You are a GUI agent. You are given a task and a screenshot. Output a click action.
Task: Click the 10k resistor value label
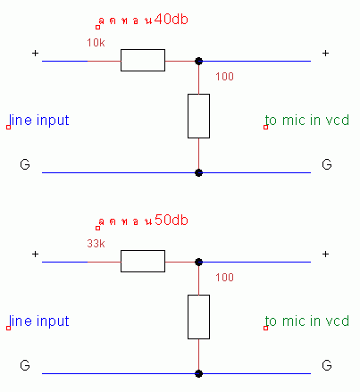pyautogui.click(x=96, y=43)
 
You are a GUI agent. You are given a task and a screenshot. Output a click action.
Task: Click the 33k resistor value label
pyautogui.click(x=96, y=244)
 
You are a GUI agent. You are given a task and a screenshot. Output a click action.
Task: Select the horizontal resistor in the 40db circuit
pyautogui.click(x=143, y=60)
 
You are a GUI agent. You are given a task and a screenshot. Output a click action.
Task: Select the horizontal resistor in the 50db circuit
pyautogui.click(x=143, y=261)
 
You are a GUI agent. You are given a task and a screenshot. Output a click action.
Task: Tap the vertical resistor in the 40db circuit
pyautogui.click(x=198, y=116)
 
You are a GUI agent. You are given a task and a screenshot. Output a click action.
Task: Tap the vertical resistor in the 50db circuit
pyautogui.click(x=198, y=317)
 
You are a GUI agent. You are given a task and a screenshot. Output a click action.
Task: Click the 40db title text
pyautogui.click(x=143, y=21)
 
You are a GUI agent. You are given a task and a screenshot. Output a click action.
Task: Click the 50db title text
pyautogui.click(x=143, y=221)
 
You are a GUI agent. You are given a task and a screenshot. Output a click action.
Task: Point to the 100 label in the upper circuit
pyautogui.click(x=224, y=77)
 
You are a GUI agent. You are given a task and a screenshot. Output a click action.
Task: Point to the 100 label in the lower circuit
pyautogui.click(x=224, y=278)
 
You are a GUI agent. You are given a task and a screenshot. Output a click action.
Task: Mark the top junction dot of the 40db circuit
pyautogui.click(x=198, y=61)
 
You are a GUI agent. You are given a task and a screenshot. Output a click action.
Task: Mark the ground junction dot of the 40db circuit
pyautogui.click(x=198, y=172)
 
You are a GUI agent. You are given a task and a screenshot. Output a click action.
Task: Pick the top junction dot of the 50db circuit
pyautogui.click(x=198, y=262)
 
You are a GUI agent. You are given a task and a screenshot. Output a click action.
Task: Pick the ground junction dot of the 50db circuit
pyautogui.click(x=198, y=373)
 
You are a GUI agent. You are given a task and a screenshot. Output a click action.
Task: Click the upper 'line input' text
pyautogui.click(x=39, y=121)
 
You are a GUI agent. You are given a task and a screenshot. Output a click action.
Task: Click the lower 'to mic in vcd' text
pyautogui.click(x=307, y=321)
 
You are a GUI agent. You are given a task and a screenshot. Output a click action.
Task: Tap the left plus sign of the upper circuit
pyautogui.click(x=35, y=54)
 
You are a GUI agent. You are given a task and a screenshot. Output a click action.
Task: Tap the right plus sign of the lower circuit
pyautogui.click(x=325, y=254)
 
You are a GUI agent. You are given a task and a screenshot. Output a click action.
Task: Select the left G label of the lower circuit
pyautogui.click(x=25, y=365)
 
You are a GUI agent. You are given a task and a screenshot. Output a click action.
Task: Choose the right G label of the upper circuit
pyautogui.click(x=327, y=164)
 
